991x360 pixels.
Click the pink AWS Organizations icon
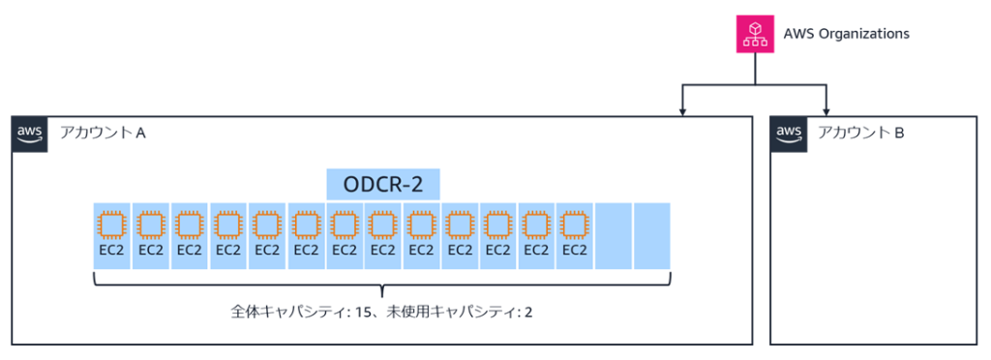[x=756, y=34]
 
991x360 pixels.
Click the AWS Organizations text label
[x=846, y=34]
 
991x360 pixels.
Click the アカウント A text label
[x=103, y=133]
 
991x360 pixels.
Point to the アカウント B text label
[x=860, y=133]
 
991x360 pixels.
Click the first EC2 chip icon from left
[x=112, y=225]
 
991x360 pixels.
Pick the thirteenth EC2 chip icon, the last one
[x=575, y=225]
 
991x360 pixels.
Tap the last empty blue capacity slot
[x=652, y=236]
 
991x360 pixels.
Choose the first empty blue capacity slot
[x=614, y=236]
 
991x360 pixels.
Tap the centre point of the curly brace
[x=382, y=289]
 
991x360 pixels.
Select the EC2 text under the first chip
[x=112, y=250]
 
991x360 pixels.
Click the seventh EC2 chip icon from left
[x=344, y=225]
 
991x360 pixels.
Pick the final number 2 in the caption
[x=527, y=312]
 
